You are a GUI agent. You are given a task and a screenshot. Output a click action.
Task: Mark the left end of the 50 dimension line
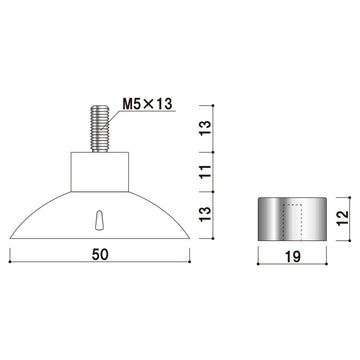[11, 265]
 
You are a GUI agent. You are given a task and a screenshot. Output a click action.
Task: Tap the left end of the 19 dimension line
[257, 266]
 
